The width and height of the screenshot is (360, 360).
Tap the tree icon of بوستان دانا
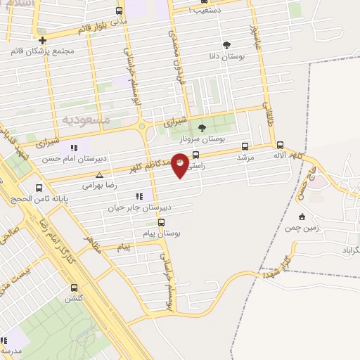226,45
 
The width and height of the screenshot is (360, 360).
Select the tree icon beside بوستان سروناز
202,127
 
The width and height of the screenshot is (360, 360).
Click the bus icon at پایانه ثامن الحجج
39,187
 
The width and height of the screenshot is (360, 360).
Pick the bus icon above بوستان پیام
161,222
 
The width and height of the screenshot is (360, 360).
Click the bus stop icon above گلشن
75,288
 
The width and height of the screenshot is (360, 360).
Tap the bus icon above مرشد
245,147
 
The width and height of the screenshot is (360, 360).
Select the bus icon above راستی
195,155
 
